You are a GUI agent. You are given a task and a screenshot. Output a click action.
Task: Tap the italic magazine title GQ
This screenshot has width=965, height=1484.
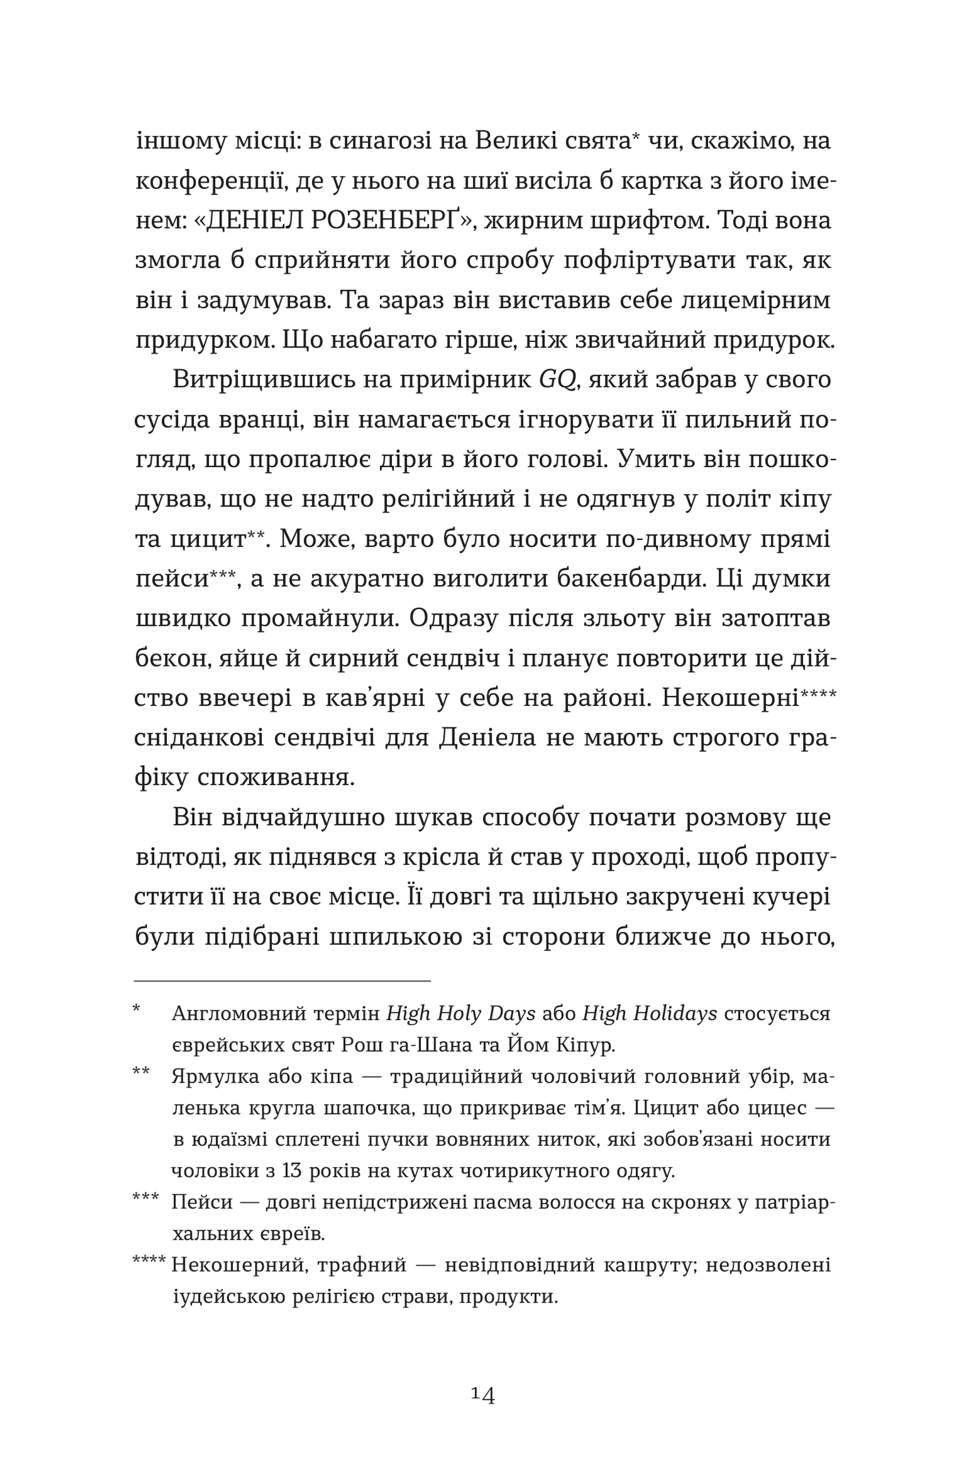[557, 380]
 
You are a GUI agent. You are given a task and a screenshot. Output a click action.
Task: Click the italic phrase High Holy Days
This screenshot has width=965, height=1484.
[460, 1014]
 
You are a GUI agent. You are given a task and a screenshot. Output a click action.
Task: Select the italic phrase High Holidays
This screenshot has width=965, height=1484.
[649, 1014]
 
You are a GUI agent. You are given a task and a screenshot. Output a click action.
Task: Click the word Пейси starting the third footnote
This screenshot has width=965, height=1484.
[202, 1202]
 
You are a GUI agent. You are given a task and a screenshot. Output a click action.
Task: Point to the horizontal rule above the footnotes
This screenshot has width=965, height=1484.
[282, 981]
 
